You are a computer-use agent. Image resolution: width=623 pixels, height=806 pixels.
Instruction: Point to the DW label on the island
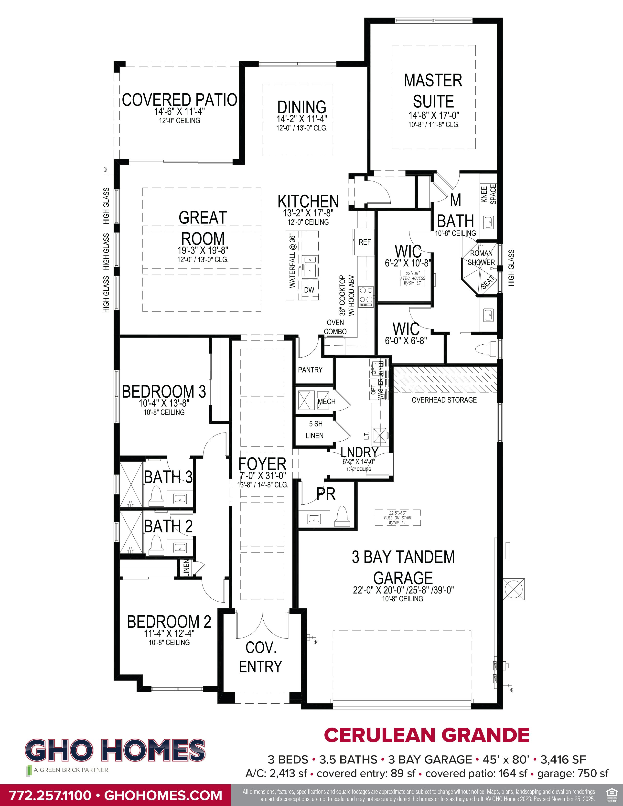[309, 290]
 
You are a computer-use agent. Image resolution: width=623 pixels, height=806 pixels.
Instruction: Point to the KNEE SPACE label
[489, 194]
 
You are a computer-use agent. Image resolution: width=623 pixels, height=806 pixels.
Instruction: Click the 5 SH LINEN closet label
[315, 430]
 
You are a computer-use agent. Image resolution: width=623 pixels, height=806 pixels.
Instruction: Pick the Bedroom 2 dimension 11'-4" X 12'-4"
[169, 633]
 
